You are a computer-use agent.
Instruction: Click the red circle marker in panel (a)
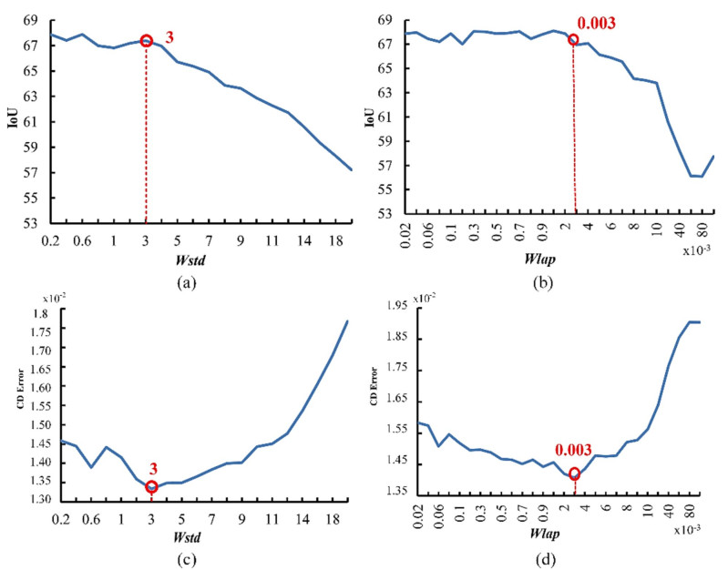pos(147,41)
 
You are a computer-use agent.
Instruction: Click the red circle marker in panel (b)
pos(573,39)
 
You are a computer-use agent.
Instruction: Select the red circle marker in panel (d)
pos(574,473)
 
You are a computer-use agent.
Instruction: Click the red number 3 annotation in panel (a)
pos(169,37)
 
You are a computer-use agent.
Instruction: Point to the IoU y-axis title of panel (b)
pos(371,117)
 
